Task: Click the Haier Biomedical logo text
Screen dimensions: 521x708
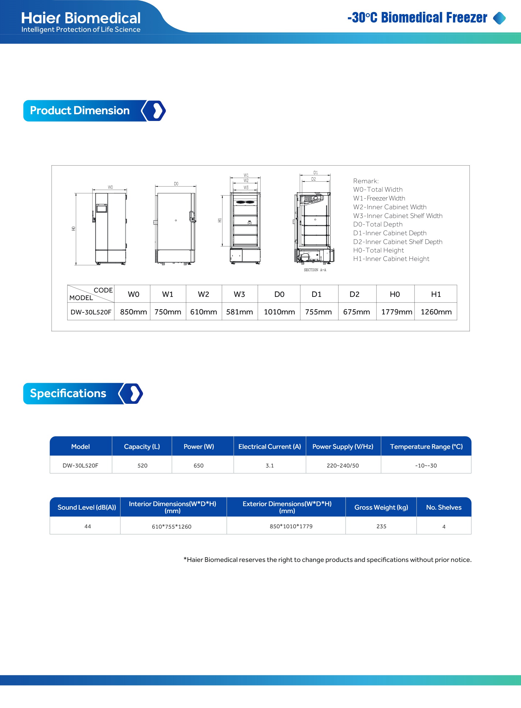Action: click(81, 18)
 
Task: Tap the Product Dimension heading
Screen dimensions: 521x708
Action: click(80, 110)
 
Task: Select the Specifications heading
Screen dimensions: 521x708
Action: click(68, 393)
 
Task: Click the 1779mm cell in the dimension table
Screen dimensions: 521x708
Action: click(397, 312)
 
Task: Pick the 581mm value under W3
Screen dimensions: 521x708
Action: click(239, 312)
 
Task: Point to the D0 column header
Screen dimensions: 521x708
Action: click(279, 294)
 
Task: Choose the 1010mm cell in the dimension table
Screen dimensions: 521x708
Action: click(279, 312)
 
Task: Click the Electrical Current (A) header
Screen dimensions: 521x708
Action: click(270, 446)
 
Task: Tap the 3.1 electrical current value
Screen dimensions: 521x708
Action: click(270, 465)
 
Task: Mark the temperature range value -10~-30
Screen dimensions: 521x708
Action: click(426, 465)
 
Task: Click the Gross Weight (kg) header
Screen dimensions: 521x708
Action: click(381, 507)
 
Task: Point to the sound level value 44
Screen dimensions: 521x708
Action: click(88, 527)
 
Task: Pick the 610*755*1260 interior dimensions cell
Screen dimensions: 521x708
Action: click(172, 527)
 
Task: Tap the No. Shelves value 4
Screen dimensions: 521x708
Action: click(444, 527)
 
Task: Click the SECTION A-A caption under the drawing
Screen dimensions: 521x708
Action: click(315, 270)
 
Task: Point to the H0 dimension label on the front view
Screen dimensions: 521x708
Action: click(74, 229)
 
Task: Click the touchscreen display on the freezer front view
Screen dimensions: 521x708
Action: click(102, 208)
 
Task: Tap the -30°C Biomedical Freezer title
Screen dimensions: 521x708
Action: click(417, 18)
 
